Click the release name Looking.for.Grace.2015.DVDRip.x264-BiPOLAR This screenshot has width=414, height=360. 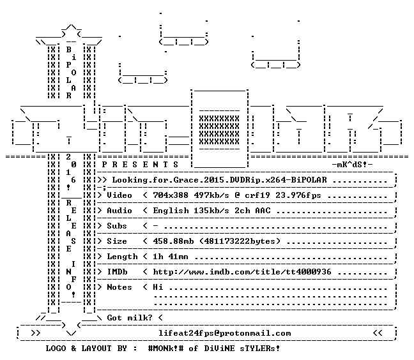click(219, 180)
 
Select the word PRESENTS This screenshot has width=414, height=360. click(140, 165)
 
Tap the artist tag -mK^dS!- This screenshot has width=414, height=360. click(352, 165)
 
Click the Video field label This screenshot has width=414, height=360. click(119, 195)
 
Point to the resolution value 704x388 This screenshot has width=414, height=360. click(171, 195)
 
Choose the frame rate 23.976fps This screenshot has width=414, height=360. click(298, 195)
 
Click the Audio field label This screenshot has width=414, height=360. click(119, 211)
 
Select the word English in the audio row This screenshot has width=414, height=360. click(171, 211)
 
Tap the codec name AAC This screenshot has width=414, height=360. click(263, 211)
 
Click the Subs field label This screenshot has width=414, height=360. click(117, 226)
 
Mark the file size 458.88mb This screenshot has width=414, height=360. click(173, 241)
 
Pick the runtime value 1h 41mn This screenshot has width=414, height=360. click(171, 257)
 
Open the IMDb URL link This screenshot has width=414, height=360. click(242, 272)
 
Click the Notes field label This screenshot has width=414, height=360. click(119, 287)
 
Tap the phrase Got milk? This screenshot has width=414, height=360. click(130, 317)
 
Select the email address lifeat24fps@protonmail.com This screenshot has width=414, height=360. click(225, 333)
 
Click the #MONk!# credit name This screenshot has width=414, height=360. click(166, 348)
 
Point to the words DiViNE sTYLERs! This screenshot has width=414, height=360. click(242, 348)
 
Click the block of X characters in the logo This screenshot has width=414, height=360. click(219, 130)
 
